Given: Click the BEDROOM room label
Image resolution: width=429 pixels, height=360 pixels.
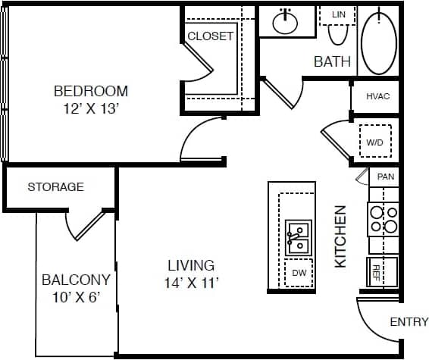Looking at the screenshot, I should [x=90, y=91].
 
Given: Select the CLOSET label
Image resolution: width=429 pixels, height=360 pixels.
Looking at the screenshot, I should [x=210, y=36].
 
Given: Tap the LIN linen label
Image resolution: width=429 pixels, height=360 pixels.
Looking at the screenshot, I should [x=338, y=14].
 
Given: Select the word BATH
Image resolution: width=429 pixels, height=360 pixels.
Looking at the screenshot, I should [x=332, y=61].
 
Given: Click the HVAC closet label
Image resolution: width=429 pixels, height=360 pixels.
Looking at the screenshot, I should [x=377, y=96].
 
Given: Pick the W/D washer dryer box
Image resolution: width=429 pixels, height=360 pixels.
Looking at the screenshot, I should [x=375, y=142].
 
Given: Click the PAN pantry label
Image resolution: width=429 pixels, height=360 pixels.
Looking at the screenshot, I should [x=386, y=177].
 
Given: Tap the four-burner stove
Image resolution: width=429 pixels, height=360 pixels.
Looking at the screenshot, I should [x=384, y=219].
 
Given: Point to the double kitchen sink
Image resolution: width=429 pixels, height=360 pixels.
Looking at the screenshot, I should [x=297, y=236].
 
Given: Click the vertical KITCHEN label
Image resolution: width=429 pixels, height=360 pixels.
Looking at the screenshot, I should [x=340, y=236].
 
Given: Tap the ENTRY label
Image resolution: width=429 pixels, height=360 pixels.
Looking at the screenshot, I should [x=409, y=322].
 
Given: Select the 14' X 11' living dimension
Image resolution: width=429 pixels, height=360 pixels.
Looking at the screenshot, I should [x=191, y=283].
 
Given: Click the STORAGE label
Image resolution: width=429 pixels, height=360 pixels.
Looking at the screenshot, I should [x=55, y=186].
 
